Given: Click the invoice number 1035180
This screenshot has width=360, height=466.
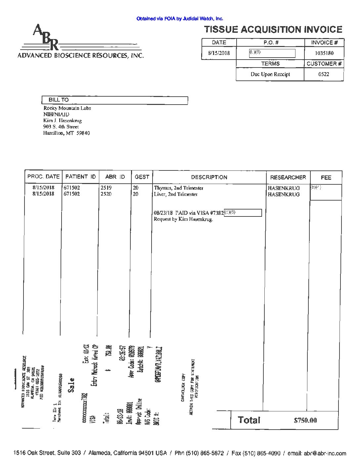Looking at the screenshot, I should click(324, 53).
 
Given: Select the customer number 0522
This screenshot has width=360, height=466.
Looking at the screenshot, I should click(324, 74).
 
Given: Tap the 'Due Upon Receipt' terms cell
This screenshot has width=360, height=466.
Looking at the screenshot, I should click(270, 74).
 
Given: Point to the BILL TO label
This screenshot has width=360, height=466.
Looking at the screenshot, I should click(59, 100).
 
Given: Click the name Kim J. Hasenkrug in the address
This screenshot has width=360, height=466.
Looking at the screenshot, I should click(63, 120).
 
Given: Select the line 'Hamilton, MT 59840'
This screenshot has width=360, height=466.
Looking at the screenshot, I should click(66, 133).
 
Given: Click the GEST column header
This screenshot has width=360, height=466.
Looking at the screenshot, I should click(142, 177).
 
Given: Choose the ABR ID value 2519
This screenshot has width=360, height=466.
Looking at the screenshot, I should click(106, 188).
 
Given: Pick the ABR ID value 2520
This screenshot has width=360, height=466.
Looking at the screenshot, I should click(106, 194).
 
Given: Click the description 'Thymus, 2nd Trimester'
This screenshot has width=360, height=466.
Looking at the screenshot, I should click(179, 188).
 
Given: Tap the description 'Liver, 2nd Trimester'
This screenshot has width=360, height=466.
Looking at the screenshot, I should click(176, 194).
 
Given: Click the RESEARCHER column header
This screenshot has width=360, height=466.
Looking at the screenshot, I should click(288, 177).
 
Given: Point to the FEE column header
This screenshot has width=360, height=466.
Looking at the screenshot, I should click(326, 178).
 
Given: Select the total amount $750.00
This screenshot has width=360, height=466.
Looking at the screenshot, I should click(305, 420).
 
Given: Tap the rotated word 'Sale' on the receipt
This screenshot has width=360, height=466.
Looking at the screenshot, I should click(71, 385).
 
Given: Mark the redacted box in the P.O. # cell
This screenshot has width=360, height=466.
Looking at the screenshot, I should click(272, 53).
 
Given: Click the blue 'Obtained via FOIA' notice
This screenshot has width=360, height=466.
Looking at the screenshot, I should click(180, 19).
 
